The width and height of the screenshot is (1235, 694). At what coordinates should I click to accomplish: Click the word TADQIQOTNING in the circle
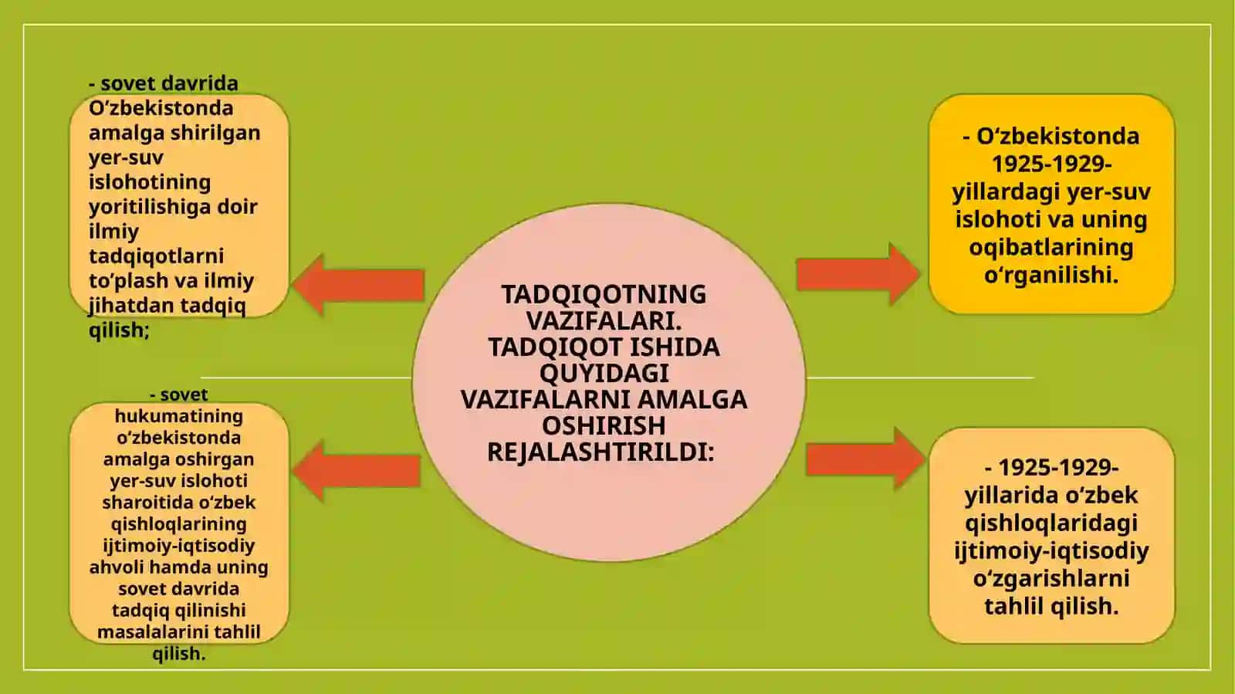[x=604, y=294]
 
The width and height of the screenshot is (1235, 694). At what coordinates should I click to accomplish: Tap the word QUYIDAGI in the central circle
[x=604, y=373]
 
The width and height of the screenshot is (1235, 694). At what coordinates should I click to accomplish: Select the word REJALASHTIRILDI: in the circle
[x=601, y=452]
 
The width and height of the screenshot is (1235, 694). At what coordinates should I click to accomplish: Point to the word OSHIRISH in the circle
[x=604, y=425]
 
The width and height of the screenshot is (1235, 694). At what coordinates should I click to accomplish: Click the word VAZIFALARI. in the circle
[x=604, y=320]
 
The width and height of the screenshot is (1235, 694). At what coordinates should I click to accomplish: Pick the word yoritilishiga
[x=150, y=207]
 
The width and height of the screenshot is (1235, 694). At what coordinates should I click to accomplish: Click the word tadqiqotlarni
[x=156, y=256]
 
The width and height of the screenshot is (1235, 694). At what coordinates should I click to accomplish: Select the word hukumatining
[x=178, y=415]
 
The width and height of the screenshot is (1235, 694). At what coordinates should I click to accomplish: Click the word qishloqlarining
[x=178, y=523]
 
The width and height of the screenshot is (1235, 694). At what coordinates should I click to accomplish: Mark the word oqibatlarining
[x=1051, y=247]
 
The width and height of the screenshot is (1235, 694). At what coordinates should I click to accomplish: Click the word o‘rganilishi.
[x=1051, y=275]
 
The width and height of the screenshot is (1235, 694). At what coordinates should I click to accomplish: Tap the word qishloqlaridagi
[x=1051, y=523]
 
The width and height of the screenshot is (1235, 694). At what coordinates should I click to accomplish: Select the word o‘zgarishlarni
[x=1051, y=578]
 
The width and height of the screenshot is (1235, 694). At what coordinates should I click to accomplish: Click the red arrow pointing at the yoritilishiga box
[x=358, y=285]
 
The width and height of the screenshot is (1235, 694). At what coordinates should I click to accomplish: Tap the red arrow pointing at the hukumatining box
[x=357, y=472]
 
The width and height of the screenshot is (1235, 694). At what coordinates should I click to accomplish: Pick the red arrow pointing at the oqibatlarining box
[x=858, y=274]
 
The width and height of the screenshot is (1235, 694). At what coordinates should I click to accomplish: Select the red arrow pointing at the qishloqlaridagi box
[x=865, y=459]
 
